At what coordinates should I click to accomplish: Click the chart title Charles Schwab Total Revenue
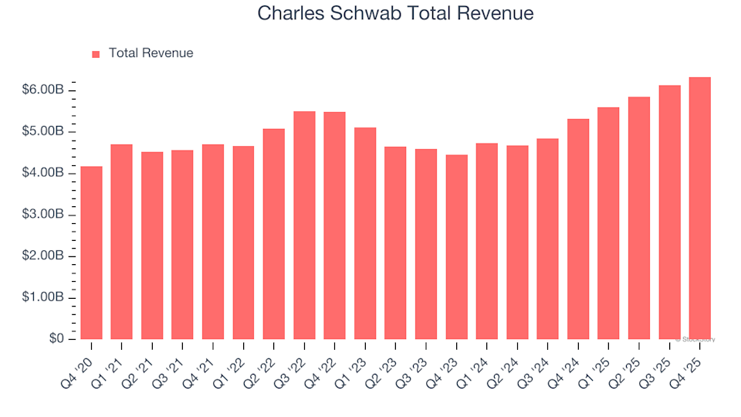click(395, 13)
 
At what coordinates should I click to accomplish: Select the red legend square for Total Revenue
click(96, 54)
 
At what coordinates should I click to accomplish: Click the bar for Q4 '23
click(456, 247)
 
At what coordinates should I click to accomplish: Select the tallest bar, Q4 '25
click(699, 208)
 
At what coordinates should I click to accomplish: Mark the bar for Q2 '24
click(517, 242)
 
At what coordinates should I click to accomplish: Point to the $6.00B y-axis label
click(42, 90)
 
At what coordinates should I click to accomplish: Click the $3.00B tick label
click(42, 215)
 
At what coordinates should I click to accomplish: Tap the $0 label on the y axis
click(56, 339)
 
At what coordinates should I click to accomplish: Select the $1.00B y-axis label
click(42, 298)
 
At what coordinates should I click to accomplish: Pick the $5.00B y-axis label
click(42, 132)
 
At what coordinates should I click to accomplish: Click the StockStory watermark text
click(696, 339)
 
